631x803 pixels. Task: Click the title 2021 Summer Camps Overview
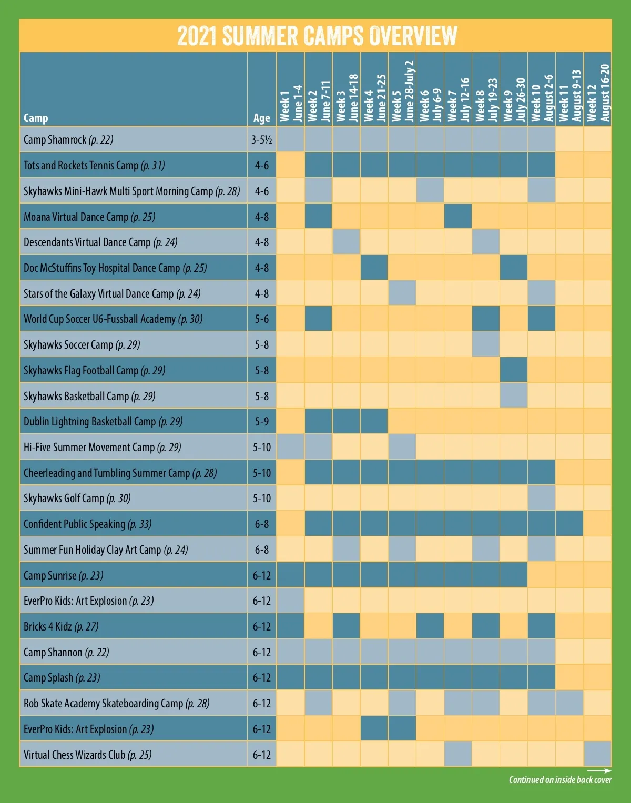click(317, 36)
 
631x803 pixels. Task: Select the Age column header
click(261, 118)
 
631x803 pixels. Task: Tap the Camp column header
click(36, 118)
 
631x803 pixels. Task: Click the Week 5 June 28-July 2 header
click(402, 90)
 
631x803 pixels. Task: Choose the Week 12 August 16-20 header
click(598, 93)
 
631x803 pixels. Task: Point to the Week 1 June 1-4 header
click(290, 103)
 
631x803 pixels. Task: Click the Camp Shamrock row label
click(68, 140)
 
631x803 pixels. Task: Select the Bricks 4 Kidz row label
click(61, 626)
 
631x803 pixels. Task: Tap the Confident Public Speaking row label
click(87, 524)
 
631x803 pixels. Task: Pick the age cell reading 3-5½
click(261, 140)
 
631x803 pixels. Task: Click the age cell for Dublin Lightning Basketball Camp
click(261, 421)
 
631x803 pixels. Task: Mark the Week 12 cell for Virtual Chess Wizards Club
click(598, 755)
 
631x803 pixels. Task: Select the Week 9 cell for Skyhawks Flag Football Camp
click(514, 370)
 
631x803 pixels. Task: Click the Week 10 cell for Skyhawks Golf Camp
click(542, 498)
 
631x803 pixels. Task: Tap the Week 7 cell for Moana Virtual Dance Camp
click(458, 217)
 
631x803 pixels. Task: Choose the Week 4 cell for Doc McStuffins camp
click(374, 268)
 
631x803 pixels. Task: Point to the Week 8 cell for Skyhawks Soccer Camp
click(486, 344)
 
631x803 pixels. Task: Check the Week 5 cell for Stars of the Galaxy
click(402, 293)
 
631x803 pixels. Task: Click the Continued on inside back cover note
click(560, 780)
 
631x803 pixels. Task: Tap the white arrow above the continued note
click(599, 771)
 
